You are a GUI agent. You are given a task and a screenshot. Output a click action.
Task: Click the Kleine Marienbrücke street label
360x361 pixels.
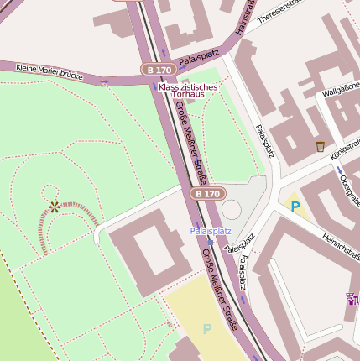pyautogui.click(x=50, y=72)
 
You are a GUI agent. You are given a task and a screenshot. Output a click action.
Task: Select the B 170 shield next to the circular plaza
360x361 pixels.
pyautogui.click(x=206, y=194)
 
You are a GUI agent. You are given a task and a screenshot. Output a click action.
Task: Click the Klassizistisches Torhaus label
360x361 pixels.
pyautogui.click(x=188, y=91)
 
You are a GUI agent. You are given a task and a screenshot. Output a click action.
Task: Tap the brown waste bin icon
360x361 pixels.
pyautogui.click(x=320, y=146)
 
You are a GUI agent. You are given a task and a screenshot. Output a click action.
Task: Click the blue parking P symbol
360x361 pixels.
pyautogui.click(x=295, y=205)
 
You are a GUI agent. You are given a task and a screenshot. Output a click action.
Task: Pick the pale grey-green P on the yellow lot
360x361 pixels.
pyautogui.click(x=206, y=328)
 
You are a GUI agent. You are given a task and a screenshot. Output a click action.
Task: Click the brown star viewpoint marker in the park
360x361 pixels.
pyautogui.click(x=55, y=206)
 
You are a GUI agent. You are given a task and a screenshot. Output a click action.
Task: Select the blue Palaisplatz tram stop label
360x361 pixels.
pyautogui.click(x=210, y=230)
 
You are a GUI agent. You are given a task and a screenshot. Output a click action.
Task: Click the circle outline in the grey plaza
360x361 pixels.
pyautogui.click(x=232, y=209)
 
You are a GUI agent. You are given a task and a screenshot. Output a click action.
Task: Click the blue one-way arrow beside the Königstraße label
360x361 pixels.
pyautogui.click(x=340, y=170)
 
